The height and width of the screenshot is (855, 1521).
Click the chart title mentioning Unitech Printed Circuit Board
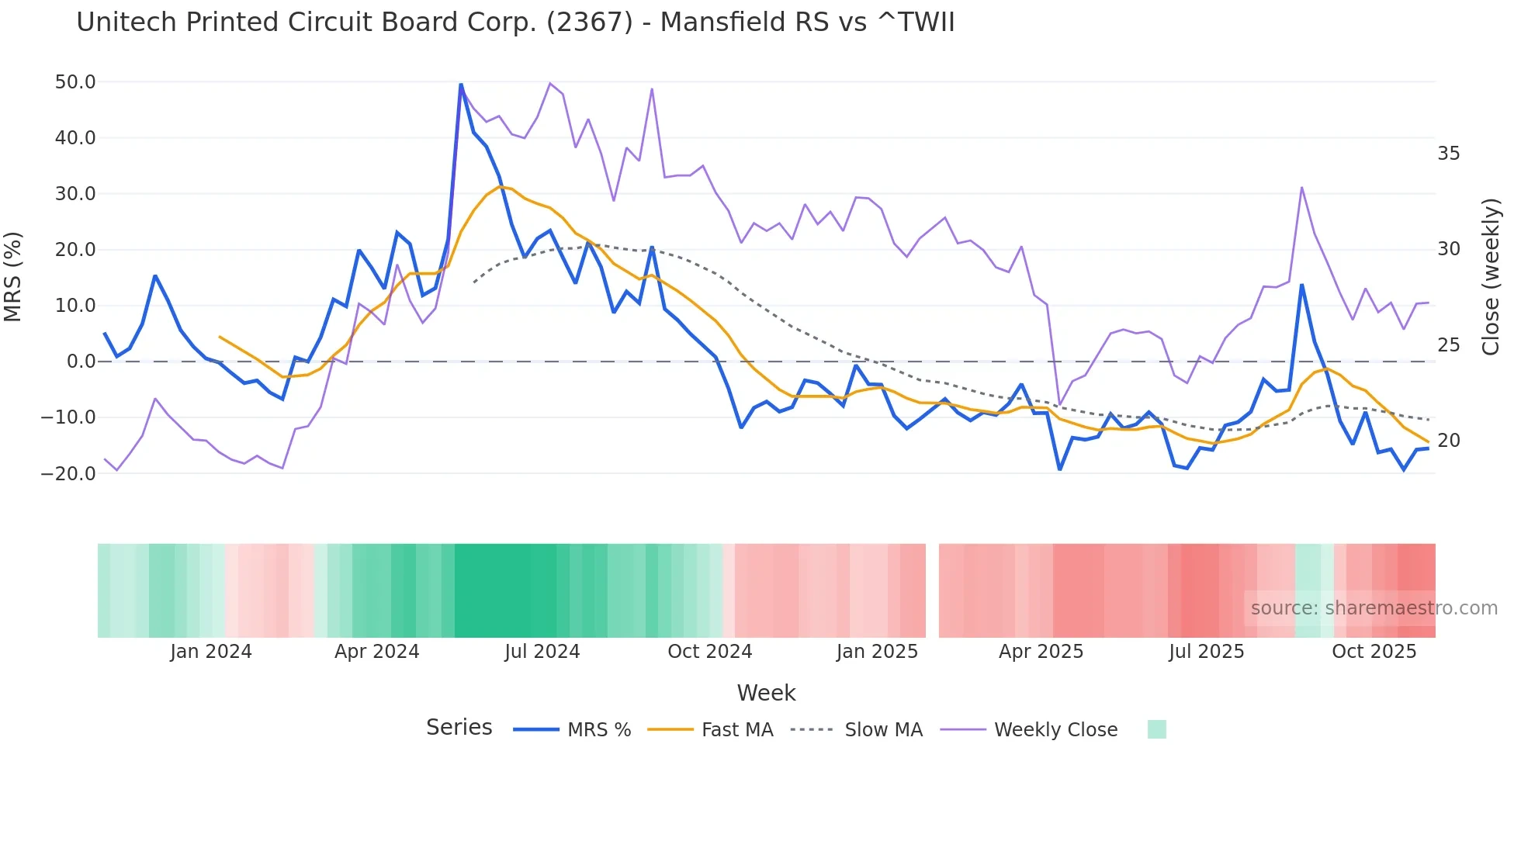(x=515, y=22)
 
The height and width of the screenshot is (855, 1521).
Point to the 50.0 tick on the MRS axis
(x=75, y=82)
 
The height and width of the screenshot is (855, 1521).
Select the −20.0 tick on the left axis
(x=68, y=473)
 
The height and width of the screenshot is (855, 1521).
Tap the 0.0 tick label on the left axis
(x=81, y=362)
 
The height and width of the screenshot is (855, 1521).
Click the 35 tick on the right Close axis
(x=1448, y=154)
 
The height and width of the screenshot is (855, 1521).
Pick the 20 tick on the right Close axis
(x=1448, y=441)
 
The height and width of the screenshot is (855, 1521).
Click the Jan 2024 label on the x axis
(x=211, y=652)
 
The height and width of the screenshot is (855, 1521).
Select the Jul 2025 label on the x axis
(x=1206, y=652)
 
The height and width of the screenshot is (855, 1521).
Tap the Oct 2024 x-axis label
(x=709, y=652)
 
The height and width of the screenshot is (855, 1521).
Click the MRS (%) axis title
(x=13, y=277)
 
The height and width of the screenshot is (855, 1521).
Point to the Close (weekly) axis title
(x=1491, y=277)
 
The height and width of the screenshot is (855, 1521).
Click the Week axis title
(x=766, y=693)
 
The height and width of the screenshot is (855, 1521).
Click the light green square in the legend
(x=1156, y=729)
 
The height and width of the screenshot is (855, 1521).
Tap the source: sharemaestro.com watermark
(x=1374, y=608)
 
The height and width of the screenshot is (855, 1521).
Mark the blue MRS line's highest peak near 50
(x=461, y=85)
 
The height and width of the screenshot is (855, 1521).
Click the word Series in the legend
(x=459, y=728)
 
